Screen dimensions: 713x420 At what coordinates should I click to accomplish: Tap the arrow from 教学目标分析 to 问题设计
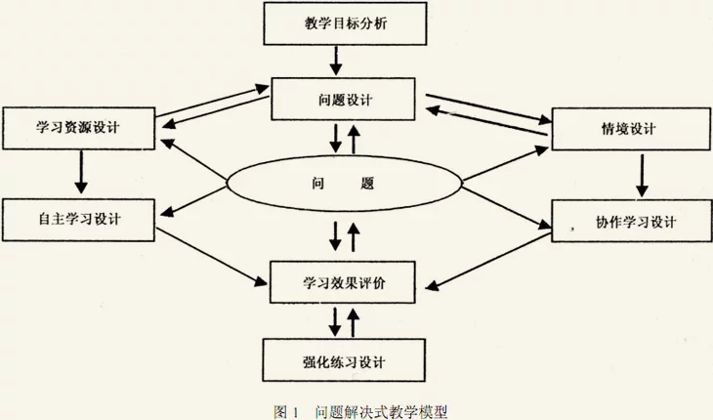[x=336, y=61]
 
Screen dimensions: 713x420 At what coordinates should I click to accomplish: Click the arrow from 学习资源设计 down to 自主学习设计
[x=81, y=172]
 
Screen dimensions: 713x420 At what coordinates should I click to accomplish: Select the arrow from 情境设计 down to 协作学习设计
[x=642, y=176]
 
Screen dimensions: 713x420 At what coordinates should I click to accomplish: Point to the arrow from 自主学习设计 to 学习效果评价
[x=211, y=257]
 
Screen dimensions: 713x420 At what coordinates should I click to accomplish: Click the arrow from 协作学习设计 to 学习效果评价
[x=488, y=262]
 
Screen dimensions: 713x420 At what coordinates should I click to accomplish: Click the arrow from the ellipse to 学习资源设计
[x=194, y=159]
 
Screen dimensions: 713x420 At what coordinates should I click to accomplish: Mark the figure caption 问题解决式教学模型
[x=381, y=412]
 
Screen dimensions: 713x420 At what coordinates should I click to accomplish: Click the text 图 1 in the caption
[x=286, y=412]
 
